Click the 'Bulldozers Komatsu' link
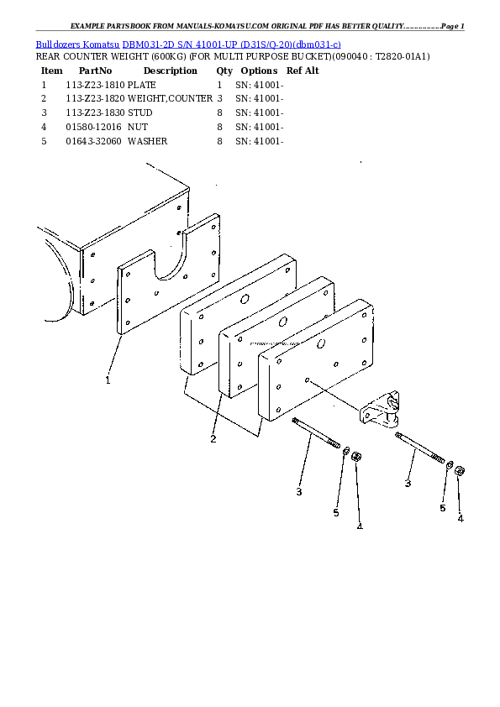click(77, 45)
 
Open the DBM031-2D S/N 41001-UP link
click(231, 45)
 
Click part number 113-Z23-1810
click(95, 85)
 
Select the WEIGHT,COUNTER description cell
click(170, 98)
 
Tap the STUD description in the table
click(139, 113)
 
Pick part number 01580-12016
click(93, 127)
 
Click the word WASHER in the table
click(148, 141)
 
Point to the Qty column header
click(224, 71)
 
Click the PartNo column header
click(95, 71)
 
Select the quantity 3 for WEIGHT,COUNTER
click(220, 98)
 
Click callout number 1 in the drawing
click(108, 380)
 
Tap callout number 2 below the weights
click(213, 438)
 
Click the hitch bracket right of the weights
click(380, 409)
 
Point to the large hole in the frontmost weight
click(321, 343)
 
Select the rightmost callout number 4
click(461, 519)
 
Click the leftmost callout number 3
click(299, 491)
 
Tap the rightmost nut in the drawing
click(460, 471)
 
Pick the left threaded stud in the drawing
click(316, 433)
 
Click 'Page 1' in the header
click(453, 26)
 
